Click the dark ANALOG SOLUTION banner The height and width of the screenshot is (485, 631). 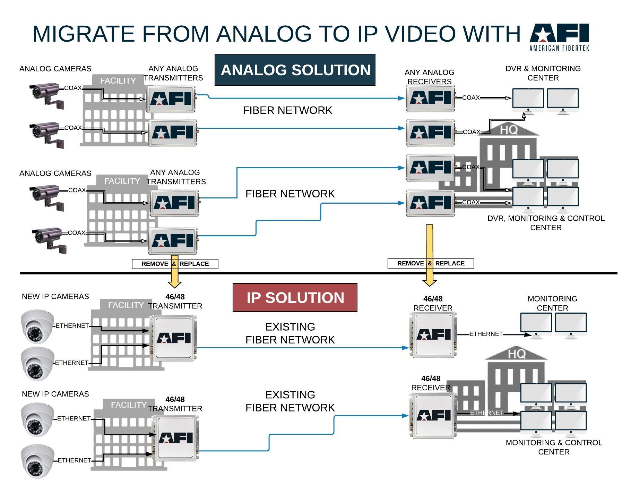(295, 70)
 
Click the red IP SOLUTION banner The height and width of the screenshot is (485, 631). (295, 298)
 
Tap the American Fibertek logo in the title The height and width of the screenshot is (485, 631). (559, 37)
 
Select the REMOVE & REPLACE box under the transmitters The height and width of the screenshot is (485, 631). (175, 264)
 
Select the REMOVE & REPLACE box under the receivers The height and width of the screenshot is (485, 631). (430, 263)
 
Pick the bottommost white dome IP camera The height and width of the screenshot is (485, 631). (37, 461)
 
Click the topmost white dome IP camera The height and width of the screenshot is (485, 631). (37, 326)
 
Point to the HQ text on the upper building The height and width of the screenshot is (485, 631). (509, 130)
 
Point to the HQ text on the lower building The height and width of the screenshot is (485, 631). (516, 354)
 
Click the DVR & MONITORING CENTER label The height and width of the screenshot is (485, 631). (543, 73)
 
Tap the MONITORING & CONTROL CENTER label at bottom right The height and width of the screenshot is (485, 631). (553, 447)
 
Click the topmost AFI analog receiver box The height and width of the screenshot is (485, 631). (430, 98)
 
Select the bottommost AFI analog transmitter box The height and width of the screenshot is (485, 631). (173, 241)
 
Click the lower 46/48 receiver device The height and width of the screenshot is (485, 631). (433, 416)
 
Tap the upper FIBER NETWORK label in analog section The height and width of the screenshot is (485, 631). (287, 110)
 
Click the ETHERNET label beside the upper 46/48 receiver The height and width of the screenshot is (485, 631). (486, 334)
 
